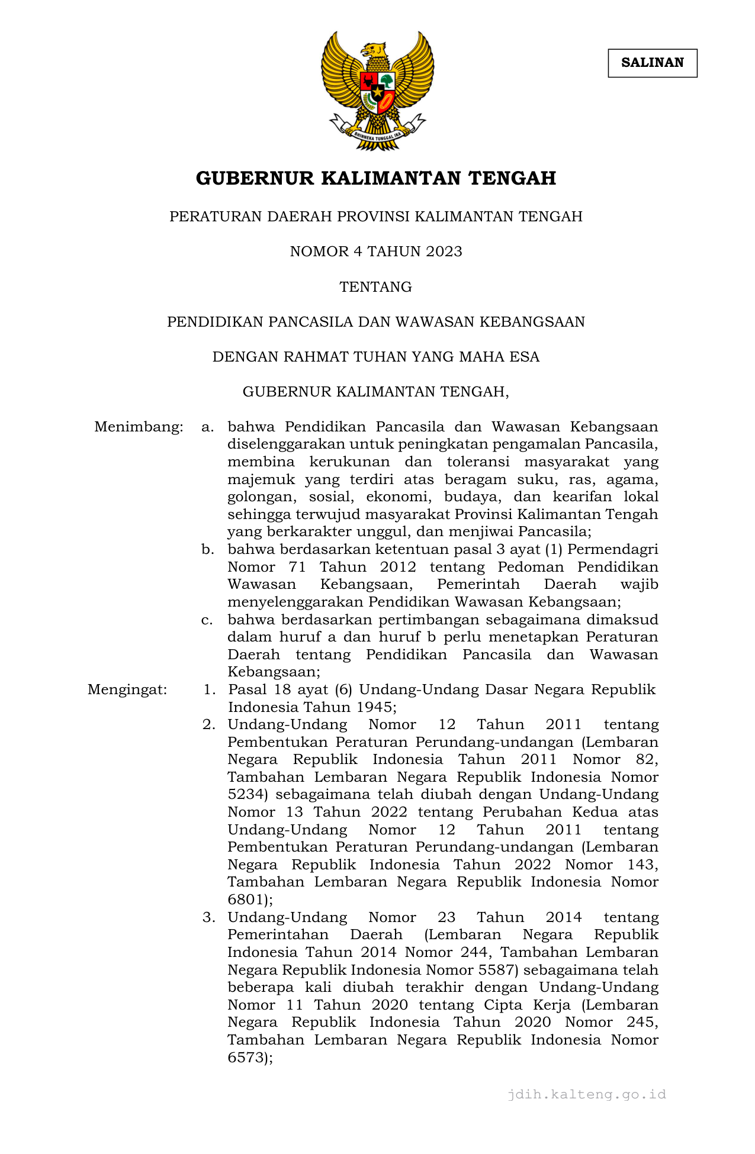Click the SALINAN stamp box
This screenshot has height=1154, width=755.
click(653, 63)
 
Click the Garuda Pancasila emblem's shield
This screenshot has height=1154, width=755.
click(377, 92)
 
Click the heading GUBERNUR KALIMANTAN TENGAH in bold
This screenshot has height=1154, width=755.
click(376, 178)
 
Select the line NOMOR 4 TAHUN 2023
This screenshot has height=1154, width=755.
click(376, 252)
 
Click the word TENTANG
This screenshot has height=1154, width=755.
click(376, 287)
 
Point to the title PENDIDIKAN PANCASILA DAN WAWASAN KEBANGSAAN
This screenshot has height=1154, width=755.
click(376, 322)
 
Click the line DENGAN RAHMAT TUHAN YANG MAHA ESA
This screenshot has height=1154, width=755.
click(376, 357)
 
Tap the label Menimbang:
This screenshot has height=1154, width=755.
click(139, 427)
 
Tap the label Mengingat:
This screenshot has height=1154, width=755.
click(127, 689)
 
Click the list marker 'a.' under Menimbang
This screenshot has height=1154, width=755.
click(207, 427)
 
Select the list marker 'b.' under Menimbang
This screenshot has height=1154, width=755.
click(207, 550)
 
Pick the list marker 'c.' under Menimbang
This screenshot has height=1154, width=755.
click(207, 620)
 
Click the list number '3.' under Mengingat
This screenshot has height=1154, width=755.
click(209, 917)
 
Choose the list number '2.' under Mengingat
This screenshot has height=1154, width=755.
click(209, 724)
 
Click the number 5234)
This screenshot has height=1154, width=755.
click(248, 794)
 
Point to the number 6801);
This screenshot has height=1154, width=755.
click(250, 900)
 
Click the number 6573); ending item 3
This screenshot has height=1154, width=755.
click(250, 1058)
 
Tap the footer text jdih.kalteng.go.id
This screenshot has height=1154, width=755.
click(587, 1094)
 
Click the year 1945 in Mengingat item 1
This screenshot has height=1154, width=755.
click(374, 707)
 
